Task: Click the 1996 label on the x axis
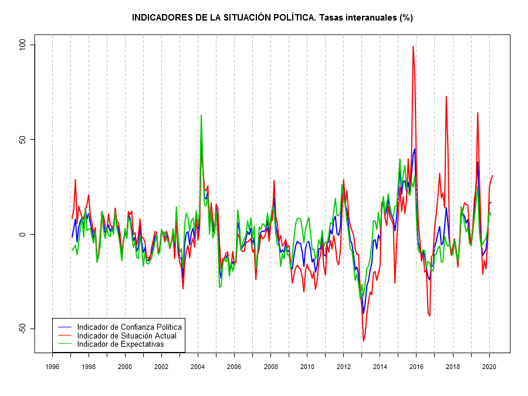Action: coord(52,367)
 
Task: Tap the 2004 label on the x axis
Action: coord(198,367)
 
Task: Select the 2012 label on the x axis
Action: coord(344,367)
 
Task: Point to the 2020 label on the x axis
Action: coord(489,367)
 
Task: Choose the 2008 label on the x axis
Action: coord(270,367)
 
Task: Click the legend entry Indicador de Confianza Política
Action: coord(129,327)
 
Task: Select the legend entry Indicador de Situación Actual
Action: coord(126,336)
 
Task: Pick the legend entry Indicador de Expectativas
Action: coord(120,344)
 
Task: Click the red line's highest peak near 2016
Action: coord(413,46)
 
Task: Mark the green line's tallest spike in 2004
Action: coord(201,115)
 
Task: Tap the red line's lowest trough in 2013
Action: coord(363,341)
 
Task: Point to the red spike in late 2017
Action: coord(446,96)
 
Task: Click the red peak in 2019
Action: coord(478,113)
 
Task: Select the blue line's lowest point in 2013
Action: coord(363,314)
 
